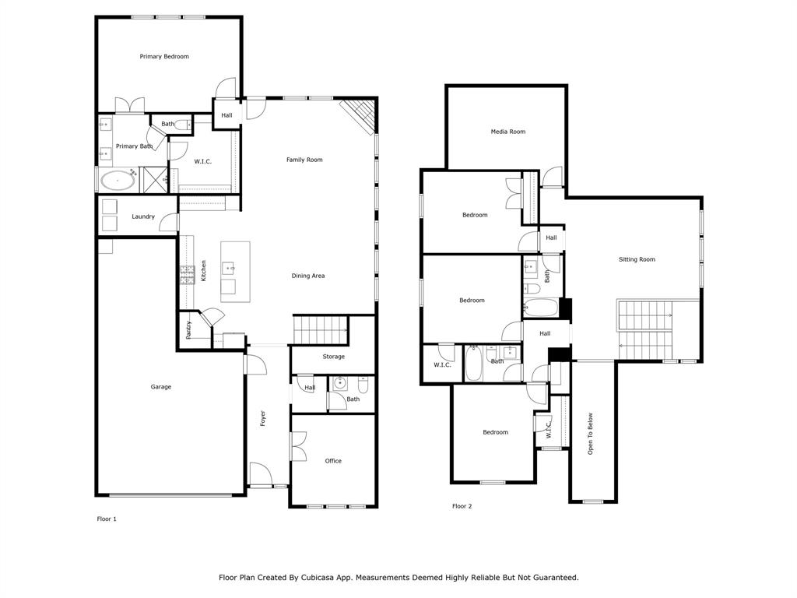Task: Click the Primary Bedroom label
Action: tap(164, 57)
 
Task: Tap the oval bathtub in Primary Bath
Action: tap(118, 181)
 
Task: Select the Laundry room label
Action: tap(143, 216)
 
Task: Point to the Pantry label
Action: tap(188, 330)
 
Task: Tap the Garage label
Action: tap(161, 387)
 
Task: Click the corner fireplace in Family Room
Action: tap(360, 116)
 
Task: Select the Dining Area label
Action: tap(308, 276)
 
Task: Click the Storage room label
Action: tap(334, 357)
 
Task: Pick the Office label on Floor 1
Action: tap(333, 461)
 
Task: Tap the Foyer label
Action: tap(263, 418)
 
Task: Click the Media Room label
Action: tap(507, 132)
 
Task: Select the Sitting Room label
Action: tap(637, 259)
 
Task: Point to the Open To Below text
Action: tap(591, 433)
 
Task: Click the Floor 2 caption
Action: tap(462, 506)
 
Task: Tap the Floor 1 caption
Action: tap(107, 519)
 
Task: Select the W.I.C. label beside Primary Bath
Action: tap(202, 161)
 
